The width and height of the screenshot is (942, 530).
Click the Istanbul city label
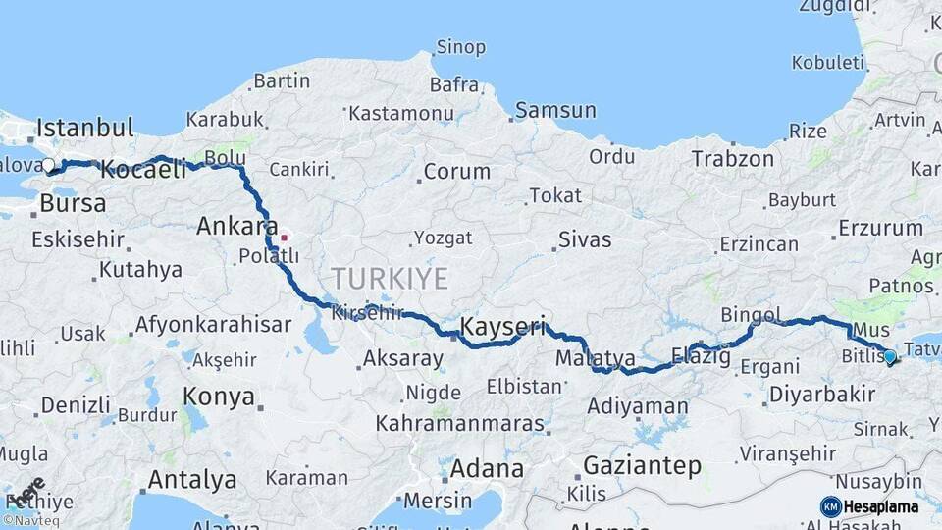click(84, 128)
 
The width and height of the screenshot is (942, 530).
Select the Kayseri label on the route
click(502, 325)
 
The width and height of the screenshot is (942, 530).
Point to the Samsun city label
click(555, 110)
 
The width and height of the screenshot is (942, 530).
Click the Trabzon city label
click(732, 158)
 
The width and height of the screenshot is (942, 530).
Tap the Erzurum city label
click(880, 229)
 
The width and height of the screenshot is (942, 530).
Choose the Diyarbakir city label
click(821, 395)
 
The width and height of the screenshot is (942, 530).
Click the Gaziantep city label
click(643, 465)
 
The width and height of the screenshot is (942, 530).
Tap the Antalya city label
click(191, 480)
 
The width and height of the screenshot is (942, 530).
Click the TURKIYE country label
click(389, 279)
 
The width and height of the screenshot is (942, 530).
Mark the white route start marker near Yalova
click(48, 165)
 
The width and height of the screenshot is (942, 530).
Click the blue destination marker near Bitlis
click(889, 357)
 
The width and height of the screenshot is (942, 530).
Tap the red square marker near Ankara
click(285, 237)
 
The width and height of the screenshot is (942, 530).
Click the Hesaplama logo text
click(880, 506)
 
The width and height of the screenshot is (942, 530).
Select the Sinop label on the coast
click(460, 47)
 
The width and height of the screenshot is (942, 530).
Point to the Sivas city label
click(584, 239)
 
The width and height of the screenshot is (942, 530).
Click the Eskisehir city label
click(78, 239)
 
